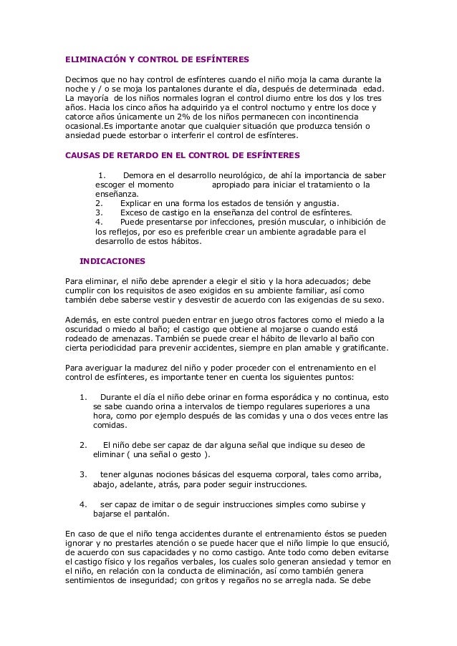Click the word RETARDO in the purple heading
133,155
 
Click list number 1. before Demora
102,175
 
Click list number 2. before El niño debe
83,445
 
